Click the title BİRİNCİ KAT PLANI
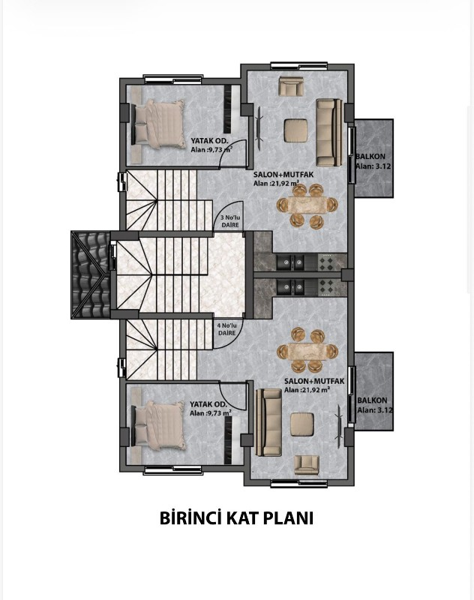coord(236,518)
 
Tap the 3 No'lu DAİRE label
coord(230,221)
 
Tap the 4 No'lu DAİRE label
coord(227,329)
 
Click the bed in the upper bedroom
coord(158,124)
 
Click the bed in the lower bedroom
coord(158,425)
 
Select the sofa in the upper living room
coord(328,133)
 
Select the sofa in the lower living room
coord(268,422)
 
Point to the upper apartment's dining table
coord(307,205)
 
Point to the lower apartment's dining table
coord(307,350)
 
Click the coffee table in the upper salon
coord(295,130)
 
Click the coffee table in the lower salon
coord(302,424)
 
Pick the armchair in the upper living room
coord(291,85)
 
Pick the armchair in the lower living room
coord(307,465)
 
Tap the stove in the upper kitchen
coord(327,262)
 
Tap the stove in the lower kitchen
coord(327,287)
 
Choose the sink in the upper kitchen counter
coord(290,262)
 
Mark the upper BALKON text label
coord(370,156)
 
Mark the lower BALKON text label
coord(372,400)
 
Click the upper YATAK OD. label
coord(209,141)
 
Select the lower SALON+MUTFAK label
coord(314,381)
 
